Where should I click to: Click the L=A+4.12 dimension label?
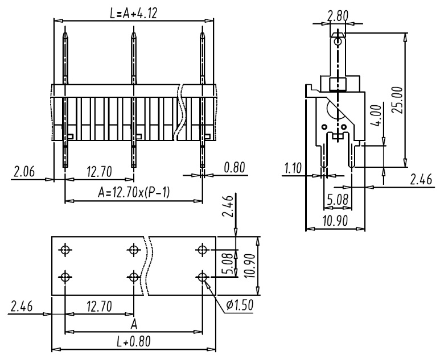pyautogui.click(x=133, y=13)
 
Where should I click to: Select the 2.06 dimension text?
pyautogui.click(x=24, y=171)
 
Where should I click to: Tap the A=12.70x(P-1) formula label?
pyautogui.click(x=134, y=193)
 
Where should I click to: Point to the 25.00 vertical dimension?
pyautogui.click(x=397, y=100)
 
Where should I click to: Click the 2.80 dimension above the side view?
pyautogui.click(x=338, y=16)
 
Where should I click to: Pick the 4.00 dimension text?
pyautogui.click(x=376, y=115)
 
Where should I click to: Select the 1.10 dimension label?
pyautogui.click(x=293, y=168)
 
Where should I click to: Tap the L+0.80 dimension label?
pyautogui.click(x=134, y=341)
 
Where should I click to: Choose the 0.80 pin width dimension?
pyautogui.click(x=235, y=167)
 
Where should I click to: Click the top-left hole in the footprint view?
pyautogui.click(x=65, y=250)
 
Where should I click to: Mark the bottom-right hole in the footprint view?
pyautogui.click(x=202, y=278)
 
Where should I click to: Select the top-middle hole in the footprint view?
pyautogui.click(x=134, y=250)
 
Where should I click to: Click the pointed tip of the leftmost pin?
pyautogui.click(x=65, y=33)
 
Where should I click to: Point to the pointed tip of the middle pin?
pyautogui.click(x=134, y=33)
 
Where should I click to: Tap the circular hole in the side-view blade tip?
pyautogui.click(x=338, y=42)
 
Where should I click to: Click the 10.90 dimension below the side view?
pyautogui.click(x=335, y=221)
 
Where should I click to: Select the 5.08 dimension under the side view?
pyautogui.click(x=338, y=200)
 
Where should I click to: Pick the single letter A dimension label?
pyautogui.click(x=134, y=324)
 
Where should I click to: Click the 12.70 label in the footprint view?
pyautogui.click(x=100, y=307)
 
